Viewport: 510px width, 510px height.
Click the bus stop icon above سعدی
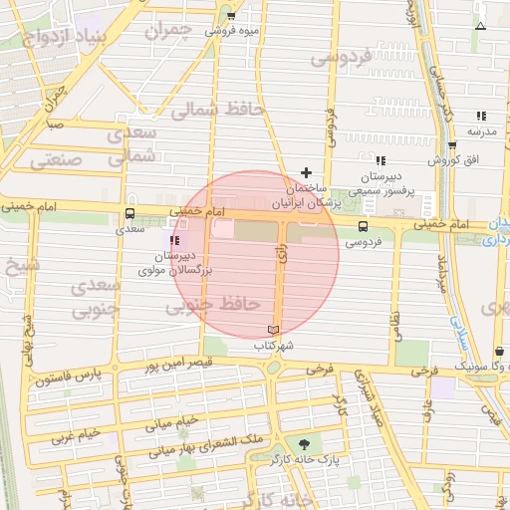[x=130, y=213]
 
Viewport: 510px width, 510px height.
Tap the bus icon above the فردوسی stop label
[x=362, y=226]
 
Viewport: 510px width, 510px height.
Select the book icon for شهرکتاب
[x=274, y=330]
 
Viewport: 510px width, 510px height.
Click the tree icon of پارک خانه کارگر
[x=304, y=444]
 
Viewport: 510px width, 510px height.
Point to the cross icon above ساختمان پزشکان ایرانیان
[x=306, y=172]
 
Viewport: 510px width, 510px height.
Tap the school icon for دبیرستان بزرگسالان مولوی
[x=175, y=240]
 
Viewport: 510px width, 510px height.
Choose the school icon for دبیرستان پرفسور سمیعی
[x=380, y=160]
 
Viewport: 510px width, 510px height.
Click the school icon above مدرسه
[x=481, y=116]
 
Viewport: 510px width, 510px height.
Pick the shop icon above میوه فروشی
[x=231, y=16]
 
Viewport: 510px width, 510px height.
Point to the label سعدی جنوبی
[x=95, y=297]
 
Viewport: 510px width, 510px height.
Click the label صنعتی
[x=56, y=158]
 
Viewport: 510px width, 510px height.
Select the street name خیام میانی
[x=173, y=423]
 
